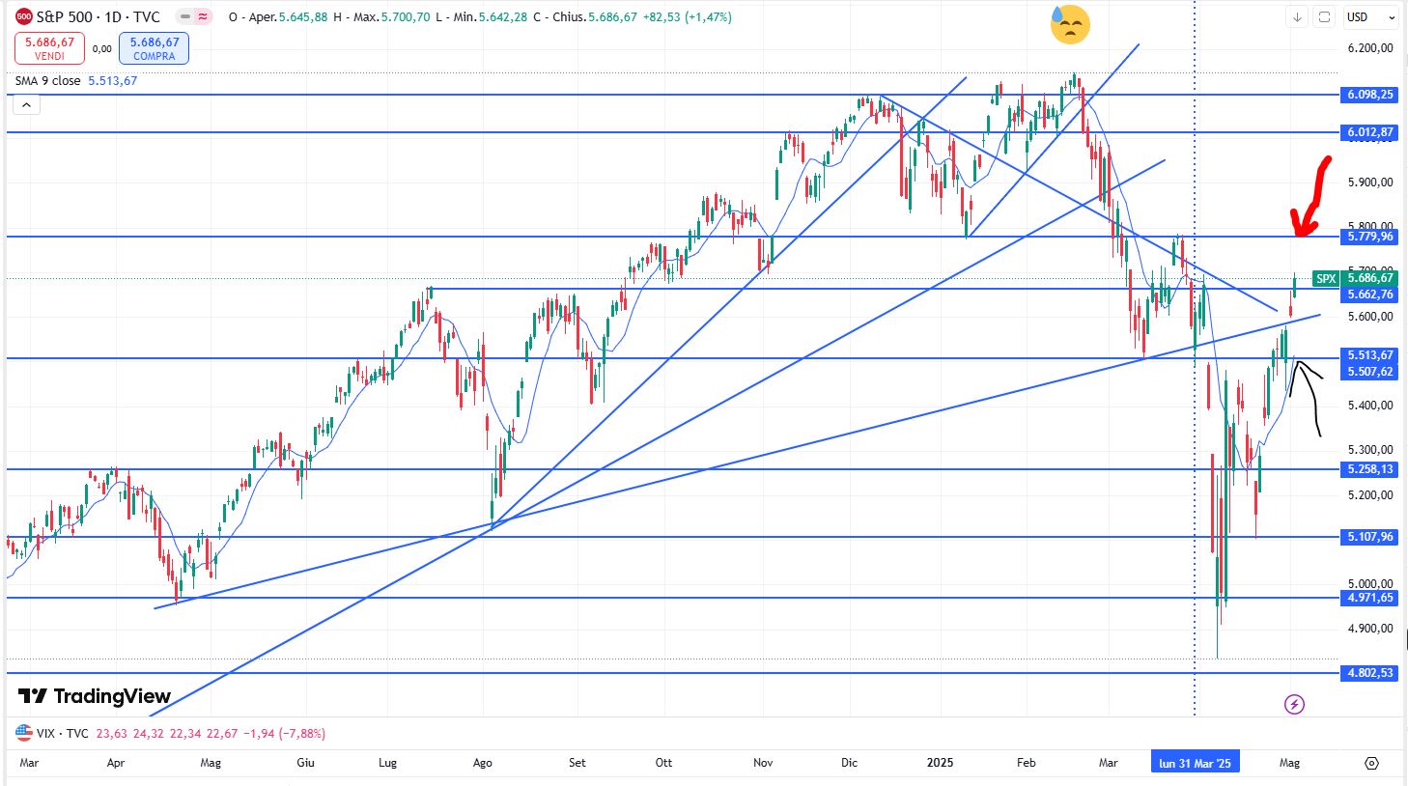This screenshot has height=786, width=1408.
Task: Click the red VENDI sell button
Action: pos(49,48)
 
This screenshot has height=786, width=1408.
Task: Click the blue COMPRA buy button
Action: pos(155,48)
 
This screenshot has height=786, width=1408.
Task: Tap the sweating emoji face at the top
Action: pos(1070,24)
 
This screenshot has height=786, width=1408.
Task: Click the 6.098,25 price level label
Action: pos(1370,95)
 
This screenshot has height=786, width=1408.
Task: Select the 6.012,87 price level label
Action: pos(1370,132)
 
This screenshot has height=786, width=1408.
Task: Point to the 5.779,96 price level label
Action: pos(1370,237)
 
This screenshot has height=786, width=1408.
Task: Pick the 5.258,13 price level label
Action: pos(1370,469)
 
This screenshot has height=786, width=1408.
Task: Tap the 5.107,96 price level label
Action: pos(1370,537)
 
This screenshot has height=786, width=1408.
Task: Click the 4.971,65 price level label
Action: pos(1370,598)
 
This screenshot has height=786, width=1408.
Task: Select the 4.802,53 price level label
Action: pos(1370,673)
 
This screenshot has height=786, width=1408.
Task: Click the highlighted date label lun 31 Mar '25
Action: pos(1195,763)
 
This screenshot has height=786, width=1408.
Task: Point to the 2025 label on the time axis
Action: pos(940,763)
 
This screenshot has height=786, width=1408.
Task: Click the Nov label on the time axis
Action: pos(763,763)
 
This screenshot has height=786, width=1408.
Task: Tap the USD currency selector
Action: pos(1370,17)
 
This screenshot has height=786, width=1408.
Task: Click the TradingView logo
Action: pos(95,696)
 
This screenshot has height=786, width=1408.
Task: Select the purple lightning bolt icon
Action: pos(1295,704)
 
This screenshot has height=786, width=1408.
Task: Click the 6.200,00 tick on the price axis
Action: pos(1370,48)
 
